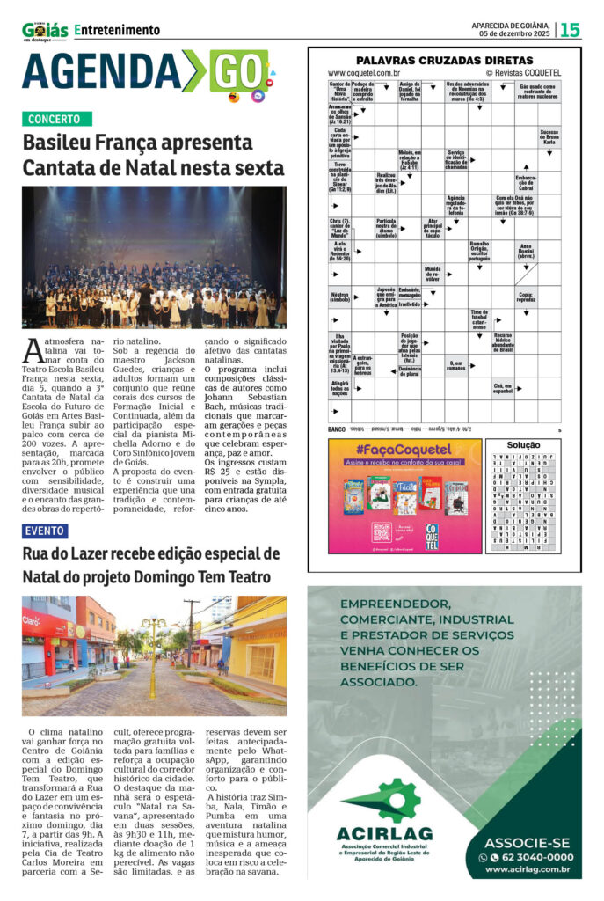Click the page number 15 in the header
click(x=570, y=30)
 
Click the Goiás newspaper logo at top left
click(x=44, y=31)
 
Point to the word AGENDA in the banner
click(x=101, y=71)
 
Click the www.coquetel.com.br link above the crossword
click(x=364, y=73)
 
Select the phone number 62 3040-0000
click(x=532, y=857)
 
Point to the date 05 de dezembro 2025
click(x=509, y=34)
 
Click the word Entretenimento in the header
click(x=117, y=30)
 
